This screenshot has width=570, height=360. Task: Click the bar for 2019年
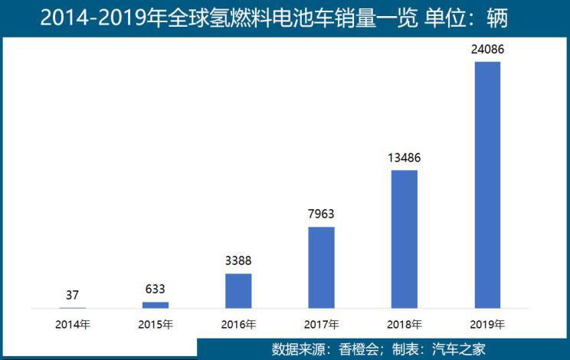(x=487, y=185)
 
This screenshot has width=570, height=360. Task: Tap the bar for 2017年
(x=321, y=267)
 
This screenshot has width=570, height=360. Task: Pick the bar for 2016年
(x=238, y=290)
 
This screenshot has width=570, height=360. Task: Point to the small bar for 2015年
(x=156, y=305)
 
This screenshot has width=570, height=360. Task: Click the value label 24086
(x=487, y=51)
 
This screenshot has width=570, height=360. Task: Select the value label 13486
(x=405, y=158)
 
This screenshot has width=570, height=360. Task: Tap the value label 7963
(x=321, y=214)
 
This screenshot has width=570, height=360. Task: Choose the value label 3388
(x=238, y=261)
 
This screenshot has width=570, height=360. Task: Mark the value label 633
(x=156, y=290)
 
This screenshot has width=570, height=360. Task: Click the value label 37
(x=73, y=295)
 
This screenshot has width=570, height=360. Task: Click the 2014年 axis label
(x=73, y=323)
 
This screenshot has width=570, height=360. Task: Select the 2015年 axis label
(x=156, y=323)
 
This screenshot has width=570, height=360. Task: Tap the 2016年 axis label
(x=238, y=323)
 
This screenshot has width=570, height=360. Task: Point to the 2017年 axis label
(x=321, y=323)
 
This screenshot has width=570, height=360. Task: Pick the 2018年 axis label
(x=405, y=323)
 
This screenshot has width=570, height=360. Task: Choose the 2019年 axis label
(x=487, y=323)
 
